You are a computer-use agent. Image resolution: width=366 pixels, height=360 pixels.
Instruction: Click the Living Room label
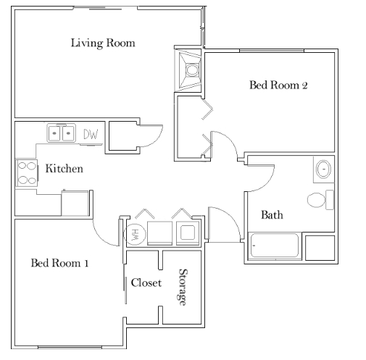102,43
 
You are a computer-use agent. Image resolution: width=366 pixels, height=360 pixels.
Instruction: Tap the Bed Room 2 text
279,85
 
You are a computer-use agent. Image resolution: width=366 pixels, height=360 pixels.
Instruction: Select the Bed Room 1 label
59,262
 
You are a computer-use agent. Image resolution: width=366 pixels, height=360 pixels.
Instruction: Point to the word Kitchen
64,169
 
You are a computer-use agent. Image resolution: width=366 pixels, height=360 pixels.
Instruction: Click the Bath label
272,215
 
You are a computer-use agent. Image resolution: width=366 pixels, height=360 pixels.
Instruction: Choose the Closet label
146,282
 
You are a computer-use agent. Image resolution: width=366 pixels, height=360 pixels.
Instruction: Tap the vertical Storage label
183,287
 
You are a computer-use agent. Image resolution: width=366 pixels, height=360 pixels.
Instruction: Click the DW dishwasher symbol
91,134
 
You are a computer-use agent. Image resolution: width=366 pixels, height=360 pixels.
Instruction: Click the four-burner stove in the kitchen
28,172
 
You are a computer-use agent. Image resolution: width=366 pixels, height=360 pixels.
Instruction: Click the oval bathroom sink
323,170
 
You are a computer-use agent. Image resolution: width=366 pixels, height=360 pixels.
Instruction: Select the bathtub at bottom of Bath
274,246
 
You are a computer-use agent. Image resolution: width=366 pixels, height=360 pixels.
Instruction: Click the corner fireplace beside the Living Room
191,70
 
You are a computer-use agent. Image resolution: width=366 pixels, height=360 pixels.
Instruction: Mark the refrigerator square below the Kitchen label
76,204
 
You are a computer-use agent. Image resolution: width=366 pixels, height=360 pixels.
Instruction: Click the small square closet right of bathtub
319,248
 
